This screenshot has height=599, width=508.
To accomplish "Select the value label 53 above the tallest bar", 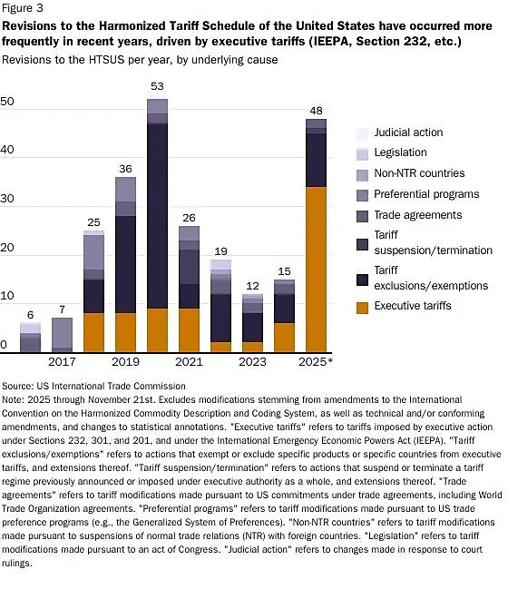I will [x=157, y=86].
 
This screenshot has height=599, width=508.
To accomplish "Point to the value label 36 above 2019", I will [x=125, y=168].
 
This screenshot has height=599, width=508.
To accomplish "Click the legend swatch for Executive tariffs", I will [x=362, y=307].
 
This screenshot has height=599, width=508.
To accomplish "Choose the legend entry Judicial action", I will [x=403, y=132].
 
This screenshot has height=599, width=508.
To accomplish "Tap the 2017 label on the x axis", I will [x=62, y=363].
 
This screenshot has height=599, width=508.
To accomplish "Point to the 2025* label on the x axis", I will [x=317, y=363].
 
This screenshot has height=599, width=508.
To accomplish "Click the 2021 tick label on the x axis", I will [x=189, y=363].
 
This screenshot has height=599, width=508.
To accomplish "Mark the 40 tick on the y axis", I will [x=8, y=151].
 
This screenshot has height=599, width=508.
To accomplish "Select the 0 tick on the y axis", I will [x=5, y=345].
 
